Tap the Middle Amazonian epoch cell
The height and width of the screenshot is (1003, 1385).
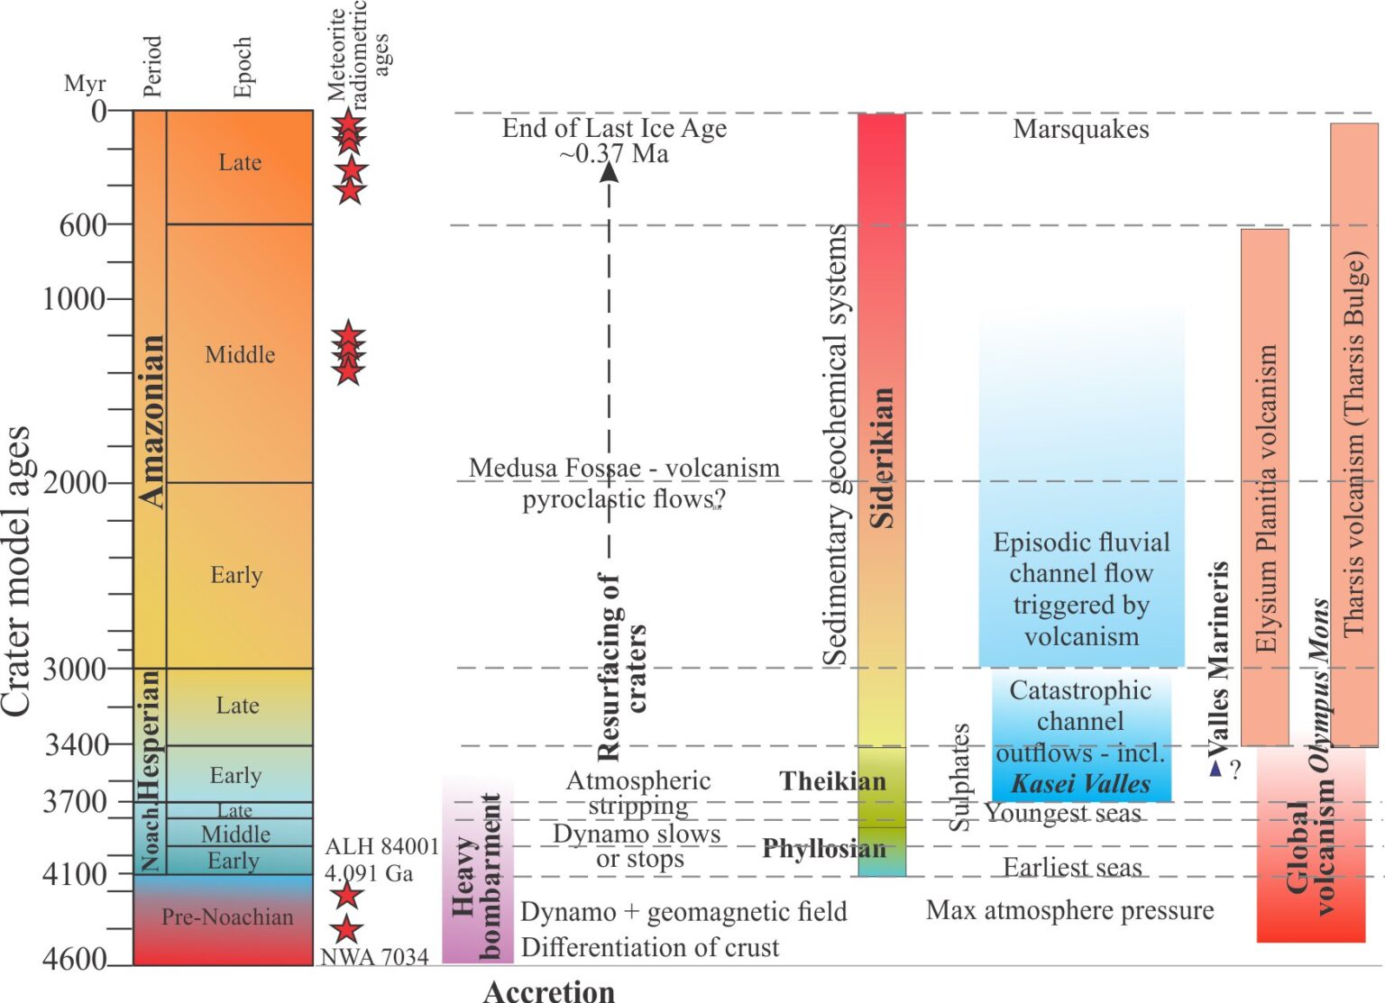[240, 354]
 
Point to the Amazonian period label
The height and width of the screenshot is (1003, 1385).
[151, 420]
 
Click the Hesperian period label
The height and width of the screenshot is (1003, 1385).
[150, 734]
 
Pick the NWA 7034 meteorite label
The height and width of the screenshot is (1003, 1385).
[374, 957]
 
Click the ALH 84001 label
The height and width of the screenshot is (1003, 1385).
[381, 847]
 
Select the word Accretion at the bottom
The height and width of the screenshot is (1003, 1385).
[548, 991]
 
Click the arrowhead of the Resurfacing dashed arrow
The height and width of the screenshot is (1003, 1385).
[610, 170]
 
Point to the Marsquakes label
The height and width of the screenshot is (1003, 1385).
[1080, 129]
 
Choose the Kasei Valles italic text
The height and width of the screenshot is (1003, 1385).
[1080, 784]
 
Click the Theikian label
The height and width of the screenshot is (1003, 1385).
[832, 780]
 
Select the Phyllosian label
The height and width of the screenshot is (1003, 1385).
[823, 848]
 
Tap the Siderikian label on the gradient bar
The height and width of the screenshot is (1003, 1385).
[881, 457]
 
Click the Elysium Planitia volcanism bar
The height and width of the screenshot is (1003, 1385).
[1264, 487]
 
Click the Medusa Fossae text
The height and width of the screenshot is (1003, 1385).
[623, 469]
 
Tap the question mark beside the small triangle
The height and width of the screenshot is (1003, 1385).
[1235, 770]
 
